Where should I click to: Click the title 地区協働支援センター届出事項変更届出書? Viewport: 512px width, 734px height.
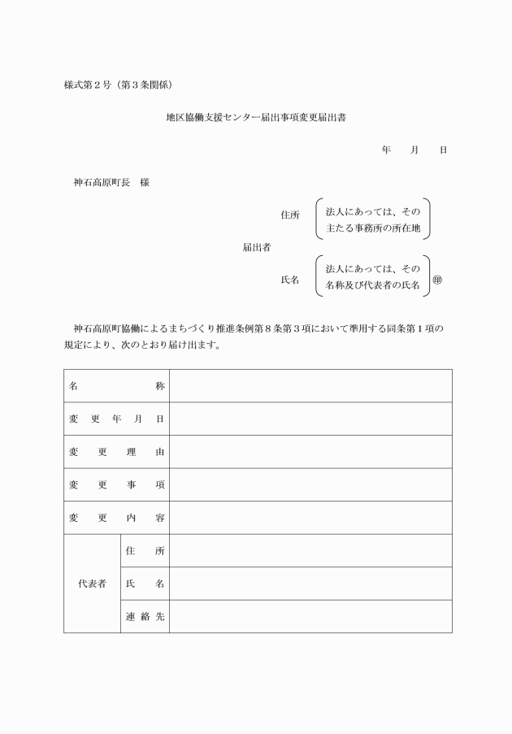tap(257, 118)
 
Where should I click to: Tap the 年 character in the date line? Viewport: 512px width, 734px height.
tap(386, 150)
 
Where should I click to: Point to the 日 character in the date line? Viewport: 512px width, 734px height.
tap(442, 150)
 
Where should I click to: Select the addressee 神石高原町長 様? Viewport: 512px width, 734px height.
tap(111, 182)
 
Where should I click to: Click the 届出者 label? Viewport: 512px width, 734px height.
tap(257, 247)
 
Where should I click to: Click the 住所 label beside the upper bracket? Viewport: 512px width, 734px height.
tap(290, 215)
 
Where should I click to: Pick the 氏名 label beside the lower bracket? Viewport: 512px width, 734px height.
tap(290, 280)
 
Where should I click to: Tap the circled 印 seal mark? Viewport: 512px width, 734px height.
tap(437, 280)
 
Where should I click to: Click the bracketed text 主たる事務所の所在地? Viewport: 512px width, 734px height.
tap(373, 228)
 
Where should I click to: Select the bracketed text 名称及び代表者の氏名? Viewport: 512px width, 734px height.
tap(373, 286)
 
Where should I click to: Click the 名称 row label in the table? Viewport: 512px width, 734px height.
tap(116, 386)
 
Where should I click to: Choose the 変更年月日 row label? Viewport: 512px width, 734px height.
tap(116, 419)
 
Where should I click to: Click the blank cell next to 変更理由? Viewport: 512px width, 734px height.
tap(310, 452)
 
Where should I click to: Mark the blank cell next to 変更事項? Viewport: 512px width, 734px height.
tap(310, 484)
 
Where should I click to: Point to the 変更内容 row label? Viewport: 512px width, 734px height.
tap(116, 518)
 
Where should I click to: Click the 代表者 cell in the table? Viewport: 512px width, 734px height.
tap(92, 584)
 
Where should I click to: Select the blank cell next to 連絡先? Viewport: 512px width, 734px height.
tap(310, 616)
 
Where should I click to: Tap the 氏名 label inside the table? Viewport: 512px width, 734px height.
tap(145, 584)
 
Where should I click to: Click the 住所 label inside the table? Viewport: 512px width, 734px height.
tap(145, 550)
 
